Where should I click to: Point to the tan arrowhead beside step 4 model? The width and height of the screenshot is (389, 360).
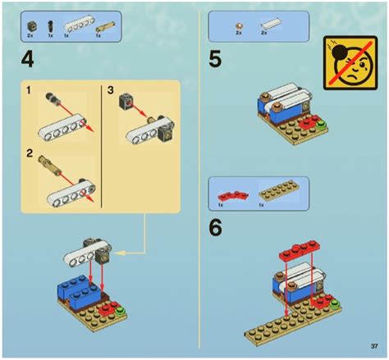tap(117, 253)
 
